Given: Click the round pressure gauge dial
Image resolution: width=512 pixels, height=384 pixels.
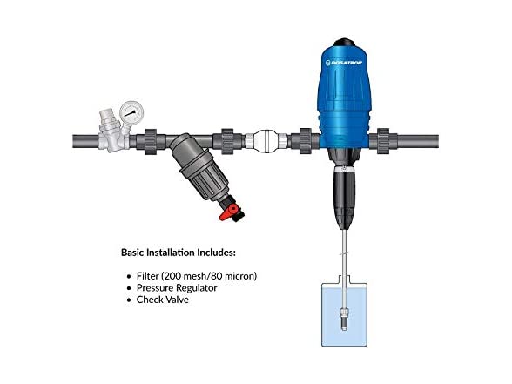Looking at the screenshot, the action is pos(131,112).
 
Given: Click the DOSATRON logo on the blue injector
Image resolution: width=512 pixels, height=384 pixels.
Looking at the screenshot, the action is pos(344,63).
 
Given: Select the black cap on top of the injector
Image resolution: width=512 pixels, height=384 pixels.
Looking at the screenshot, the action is pos(343,43).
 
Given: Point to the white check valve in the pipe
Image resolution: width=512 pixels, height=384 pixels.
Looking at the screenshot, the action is pos(266,141).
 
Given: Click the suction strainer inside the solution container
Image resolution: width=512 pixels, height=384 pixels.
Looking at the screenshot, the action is pos(344,318).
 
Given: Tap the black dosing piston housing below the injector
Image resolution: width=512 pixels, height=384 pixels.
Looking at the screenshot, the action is pos(344,197).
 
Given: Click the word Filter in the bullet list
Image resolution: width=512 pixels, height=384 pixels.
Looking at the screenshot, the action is pos(148,276).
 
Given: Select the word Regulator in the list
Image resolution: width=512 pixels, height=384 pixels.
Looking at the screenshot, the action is pos(197,288).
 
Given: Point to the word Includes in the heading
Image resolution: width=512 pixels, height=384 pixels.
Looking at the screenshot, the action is pos(216,253).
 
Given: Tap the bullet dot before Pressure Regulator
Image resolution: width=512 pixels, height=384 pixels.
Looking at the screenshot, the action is pos(129,288).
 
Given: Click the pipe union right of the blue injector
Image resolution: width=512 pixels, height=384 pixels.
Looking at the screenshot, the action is pos(383,141).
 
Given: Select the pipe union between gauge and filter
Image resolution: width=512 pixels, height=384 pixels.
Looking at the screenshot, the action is pos(150,141).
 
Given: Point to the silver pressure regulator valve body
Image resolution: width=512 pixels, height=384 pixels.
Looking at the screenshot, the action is pos(112,132).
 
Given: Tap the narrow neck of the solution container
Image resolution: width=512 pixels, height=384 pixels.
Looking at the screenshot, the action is pos(344,280).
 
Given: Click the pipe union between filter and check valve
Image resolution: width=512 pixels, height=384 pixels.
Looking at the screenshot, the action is pos(227,141).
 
